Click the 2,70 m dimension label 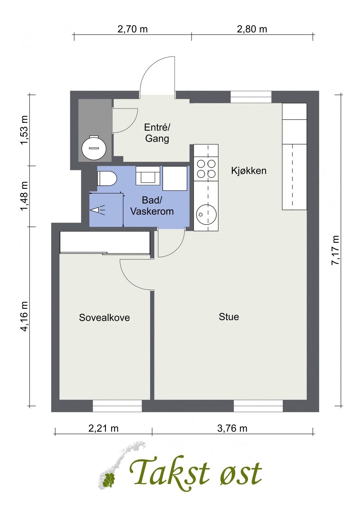132,29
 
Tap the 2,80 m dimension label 252,29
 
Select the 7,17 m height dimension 335,250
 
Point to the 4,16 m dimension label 25,316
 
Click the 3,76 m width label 232,428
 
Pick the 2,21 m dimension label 103,428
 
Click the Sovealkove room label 104,318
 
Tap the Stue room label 228,317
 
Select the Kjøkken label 249,171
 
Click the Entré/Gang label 157,133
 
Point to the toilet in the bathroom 107,178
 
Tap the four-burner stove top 206,169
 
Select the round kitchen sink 206,214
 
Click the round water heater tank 94,148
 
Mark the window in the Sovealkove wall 117,406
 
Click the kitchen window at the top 251,97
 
